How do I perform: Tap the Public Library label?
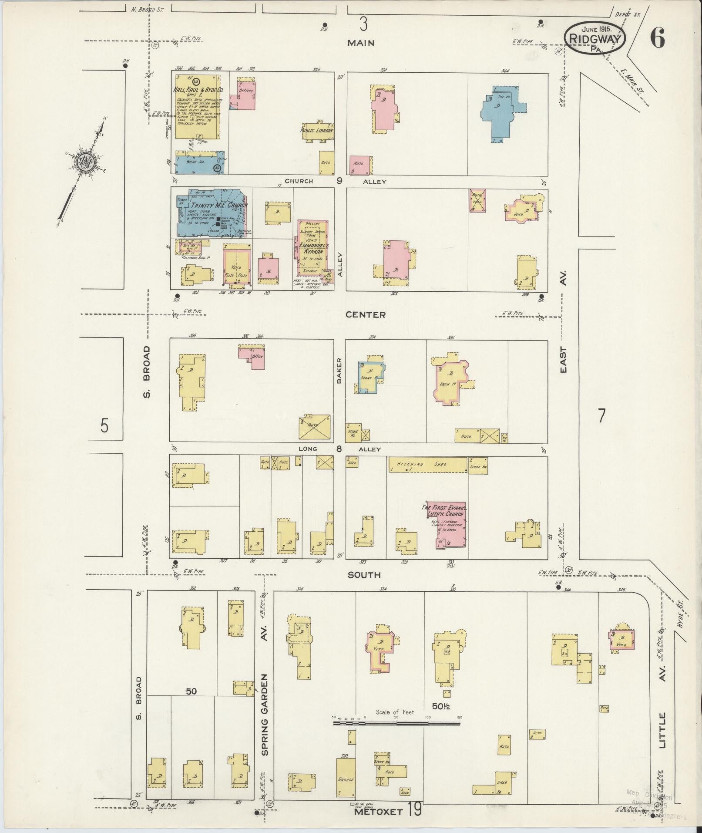click(317, 130)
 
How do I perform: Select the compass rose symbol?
click(84, 163)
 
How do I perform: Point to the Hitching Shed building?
click(428, 464)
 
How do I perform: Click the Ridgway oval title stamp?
click(595, 38)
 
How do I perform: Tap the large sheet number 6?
click(657, 40)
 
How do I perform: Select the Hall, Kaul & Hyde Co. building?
click(198, 106)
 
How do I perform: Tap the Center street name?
click(366, 314)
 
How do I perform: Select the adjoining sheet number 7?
click(601, 416)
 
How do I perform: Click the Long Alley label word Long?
click(308, 449)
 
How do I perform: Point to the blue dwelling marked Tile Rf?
click(500, 112)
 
